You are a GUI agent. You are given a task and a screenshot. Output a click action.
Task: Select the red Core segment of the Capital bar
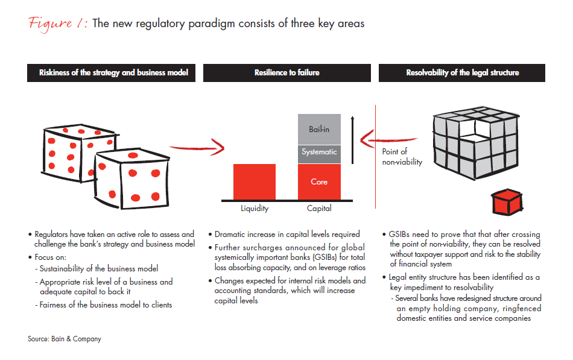319,182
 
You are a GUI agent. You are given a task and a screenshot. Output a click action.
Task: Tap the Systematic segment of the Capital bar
319,153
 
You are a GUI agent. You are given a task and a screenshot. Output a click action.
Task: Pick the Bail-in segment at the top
319,128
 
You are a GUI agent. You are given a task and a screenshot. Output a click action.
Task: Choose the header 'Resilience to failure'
286,73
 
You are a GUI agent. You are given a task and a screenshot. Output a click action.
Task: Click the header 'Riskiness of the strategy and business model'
113,73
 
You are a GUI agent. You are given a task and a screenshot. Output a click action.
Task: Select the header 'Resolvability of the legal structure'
462,73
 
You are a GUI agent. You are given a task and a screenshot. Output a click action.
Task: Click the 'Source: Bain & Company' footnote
65,339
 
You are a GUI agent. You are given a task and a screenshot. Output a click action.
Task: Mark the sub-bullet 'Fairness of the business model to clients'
106,305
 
